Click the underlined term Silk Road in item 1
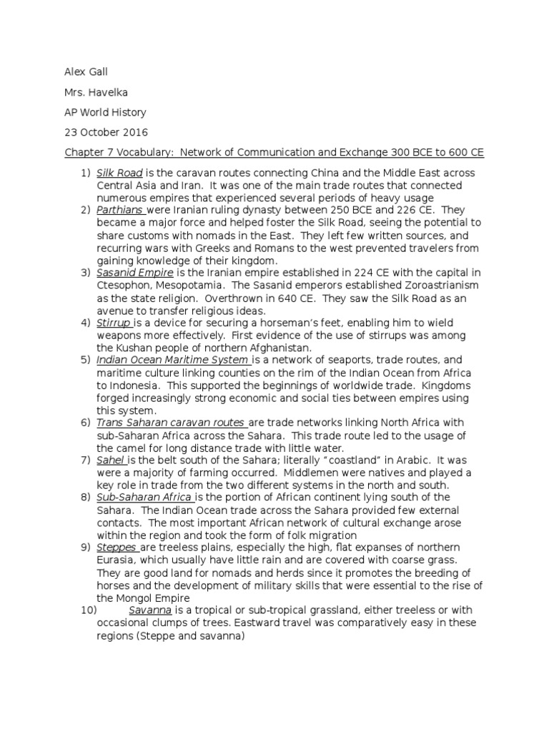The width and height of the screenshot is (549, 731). coord(119,173)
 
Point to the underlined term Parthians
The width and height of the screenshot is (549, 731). coord(121,210)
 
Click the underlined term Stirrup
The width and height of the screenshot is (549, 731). coord(114,322)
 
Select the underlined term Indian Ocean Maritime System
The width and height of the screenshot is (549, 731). coord(172,359)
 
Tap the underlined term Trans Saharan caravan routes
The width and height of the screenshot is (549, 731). coord(170,422)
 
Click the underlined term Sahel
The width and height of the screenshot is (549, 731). coord(111,459)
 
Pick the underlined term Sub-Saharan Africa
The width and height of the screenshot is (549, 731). coord(144,496)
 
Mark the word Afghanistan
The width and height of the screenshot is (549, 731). coord(266,347)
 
